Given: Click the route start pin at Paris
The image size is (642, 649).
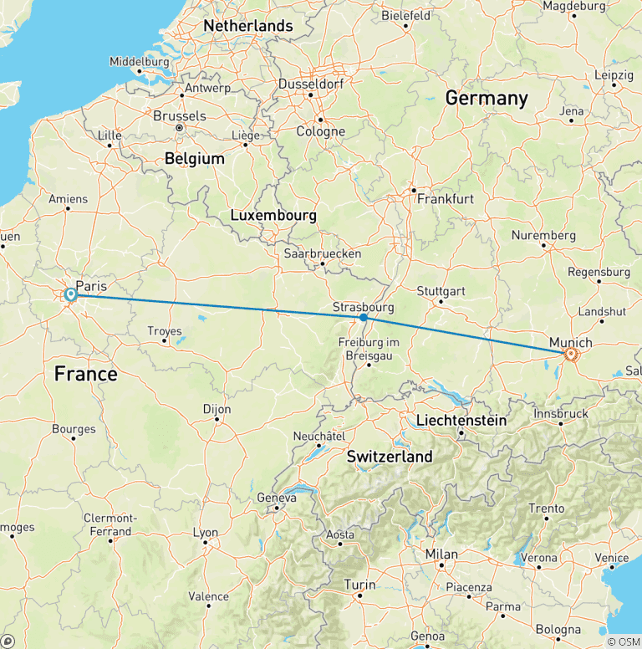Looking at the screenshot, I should (x=70, y=294).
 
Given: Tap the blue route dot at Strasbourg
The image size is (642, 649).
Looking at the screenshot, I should (x=363, y=318).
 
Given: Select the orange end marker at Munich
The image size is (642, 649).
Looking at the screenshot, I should (x=571, y=354).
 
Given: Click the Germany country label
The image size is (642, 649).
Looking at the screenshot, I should (x=487, y=98).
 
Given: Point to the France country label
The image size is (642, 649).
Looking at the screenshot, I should (x=86, y=374).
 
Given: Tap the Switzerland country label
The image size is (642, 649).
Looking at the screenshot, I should (x=390, y=457).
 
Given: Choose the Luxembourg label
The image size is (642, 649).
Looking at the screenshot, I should (x=273, y=216).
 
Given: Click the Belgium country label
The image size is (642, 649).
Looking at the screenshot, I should (x=195, y=158).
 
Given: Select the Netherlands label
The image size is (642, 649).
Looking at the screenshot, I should (x=248, y=26).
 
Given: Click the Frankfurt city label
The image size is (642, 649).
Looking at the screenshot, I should (x=446, y=199).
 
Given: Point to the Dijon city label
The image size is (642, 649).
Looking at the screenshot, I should (x=217, y=410).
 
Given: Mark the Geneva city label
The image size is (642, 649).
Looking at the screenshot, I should (x=277, y=498).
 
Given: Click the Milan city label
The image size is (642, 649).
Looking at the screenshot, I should (x=441, y=554).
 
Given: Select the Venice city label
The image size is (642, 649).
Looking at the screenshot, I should (x=612, y=558).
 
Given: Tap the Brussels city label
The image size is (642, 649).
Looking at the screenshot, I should (x=180, y=115).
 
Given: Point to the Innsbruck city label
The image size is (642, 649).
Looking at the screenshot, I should (x=561, y=413).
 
